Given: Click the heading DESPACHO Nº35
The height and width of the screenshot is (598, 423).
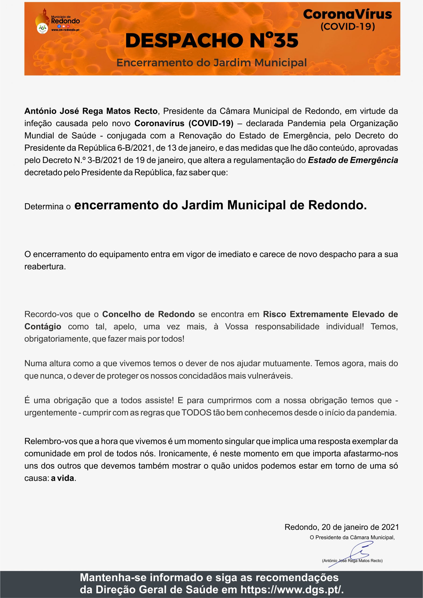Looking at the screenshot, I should click(x=212, y=41).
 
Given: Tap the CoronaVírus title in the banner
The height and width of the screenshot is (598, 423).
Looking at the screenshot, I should click(x=347, y=14).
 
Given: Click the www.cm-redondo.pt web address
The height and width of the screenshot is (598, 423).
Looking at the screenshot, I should click(x=65, y=30).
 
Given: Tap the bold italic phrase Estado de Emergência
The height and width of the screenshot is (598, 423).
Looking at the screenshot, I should click(x=353, y=160).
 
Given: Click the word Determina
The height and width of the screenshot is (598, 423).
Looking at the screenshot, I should click(x=44, y=206).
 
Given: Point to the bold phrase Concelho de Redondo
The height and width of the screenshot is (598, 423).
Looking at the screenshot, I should click(x=148, y=314).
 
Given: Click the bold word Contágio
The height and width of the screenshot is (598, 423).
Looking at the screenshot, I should click(x=43, y=326).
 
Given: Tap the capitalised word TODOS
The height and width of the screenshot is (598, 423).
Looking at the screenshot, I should click(x=196, y=413).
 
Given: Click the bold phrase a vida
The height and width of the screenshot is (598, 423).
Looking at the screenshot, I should click(x=63, y=478).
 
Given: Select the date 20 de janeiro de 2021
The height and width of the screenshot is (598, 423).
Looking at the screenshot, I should click(x=360, y=527).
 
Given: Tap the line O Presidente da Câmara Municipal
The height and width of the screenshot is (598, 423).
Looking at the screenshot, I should click(x=352, y=537).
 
